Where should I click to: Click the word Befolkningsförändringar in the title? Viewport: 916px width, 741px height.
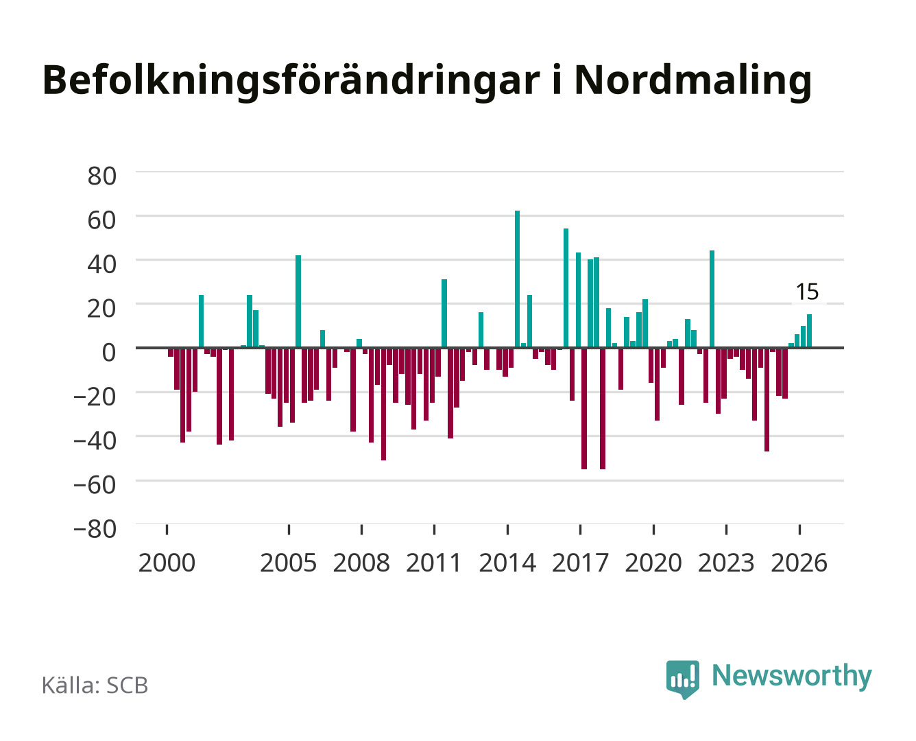coord(291,80)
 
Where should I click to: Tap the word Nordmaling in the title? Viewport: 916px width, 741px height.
coord(692,80)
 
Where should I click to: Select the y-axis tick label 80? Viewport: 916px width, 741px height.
coord(102,176)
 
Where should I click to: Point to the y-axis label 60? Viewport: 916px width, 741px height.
coord(102,220)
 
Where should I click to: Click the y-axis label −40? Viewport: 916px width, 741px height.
coord(95,441)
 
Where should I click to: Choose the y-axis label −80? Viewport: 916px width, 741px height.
coord(95,529)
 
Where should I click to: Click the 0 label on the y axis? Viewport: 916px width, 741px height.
coord(109,353)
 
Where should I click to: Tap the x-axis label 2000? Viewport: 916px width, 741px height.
coord(167,563)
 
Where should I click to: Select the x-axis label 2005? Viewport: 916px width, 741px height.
coord(289,563)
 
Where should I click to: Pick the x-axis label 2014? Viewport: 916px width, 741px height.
coord(507,563)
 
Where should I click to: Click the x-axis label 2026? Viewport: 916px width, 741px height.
coord(799,563)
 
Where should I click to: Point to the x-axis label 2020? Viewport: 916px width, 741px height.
coord(653,563)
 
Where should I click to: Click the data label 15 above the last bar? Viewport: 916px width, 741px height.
coord(807,292)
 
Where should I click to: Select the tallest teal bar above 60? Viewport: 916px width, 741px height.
coord(518,279)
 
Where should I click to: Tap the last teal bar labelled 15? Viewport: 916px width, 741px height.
coord(809,331)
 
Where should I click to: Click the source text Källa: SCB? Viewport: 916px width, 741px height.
coord(95,685)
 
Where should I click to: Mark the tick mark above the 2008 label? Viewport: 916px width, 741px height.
coord(362,530)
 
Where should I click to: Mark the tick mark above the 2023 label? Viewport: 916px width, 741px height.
coord(727,530)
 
